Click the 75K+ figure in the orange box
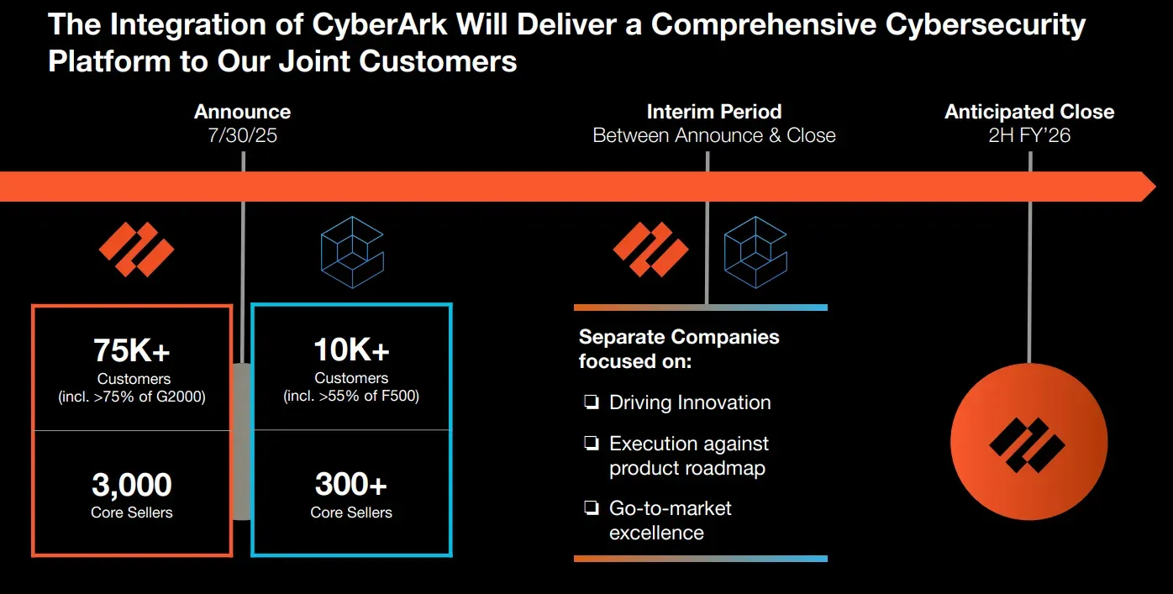pos(132,350)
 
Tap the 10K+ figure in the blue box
pos(351,350)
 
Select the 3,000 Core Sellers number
pos(131,484)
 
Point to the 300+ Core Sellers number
pos(351,484)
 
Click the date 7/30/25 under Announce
pos(243,135)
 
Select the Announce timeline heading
pos(243,112)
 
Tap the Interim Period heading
pos(714,112)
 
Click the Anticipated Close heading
pos(1029,112)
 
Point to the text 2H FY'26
pos(1029,135)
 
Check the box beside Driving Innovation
pos(592,402)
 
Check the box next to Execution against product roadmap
pos(592,443)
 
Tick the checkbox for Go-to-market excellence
pos(592,507)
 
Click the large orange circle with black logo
pos(1029,442)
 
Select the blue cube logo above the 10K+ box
pos(352,252)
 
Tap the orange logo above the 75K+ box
pos(137,250)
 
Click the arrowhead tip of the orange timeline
pos(1155,187)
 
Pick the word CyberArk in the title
pos(380,24)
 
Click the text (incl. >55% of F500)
pos(351,396)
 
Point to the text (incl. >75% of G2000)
pos(132,397)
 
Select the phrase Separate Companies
pos(679,337)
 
